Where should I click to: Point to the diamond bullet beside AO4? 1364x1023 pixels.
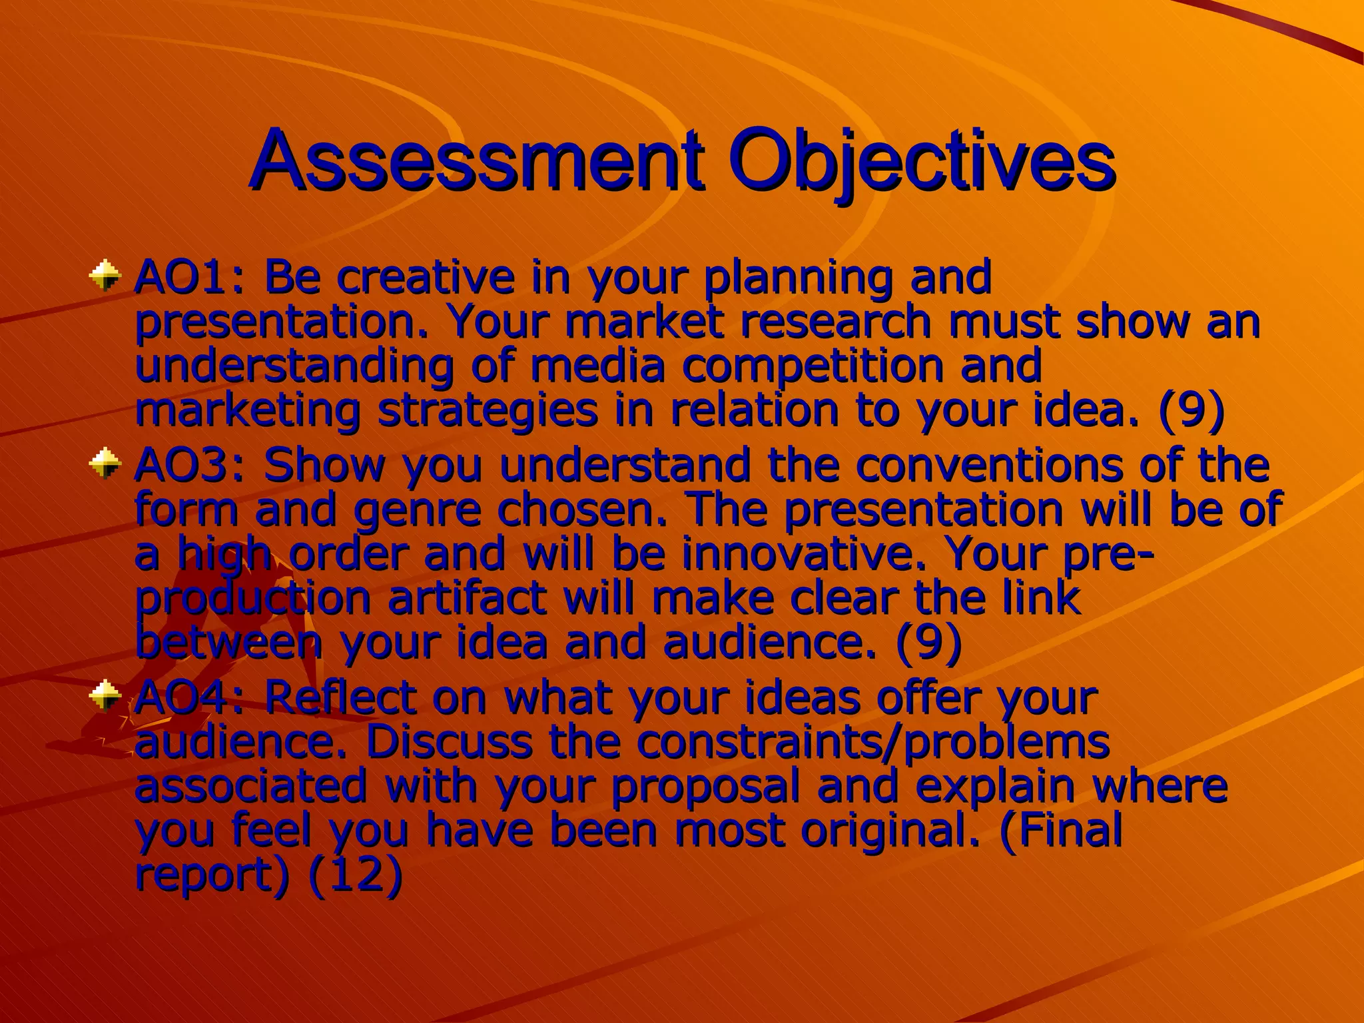click(x=105, y=697)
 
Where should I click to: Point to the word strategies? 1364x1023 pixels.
click(x=488, y=412)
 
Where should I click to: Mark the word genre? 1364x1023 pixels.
click(x=417, y=510)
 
